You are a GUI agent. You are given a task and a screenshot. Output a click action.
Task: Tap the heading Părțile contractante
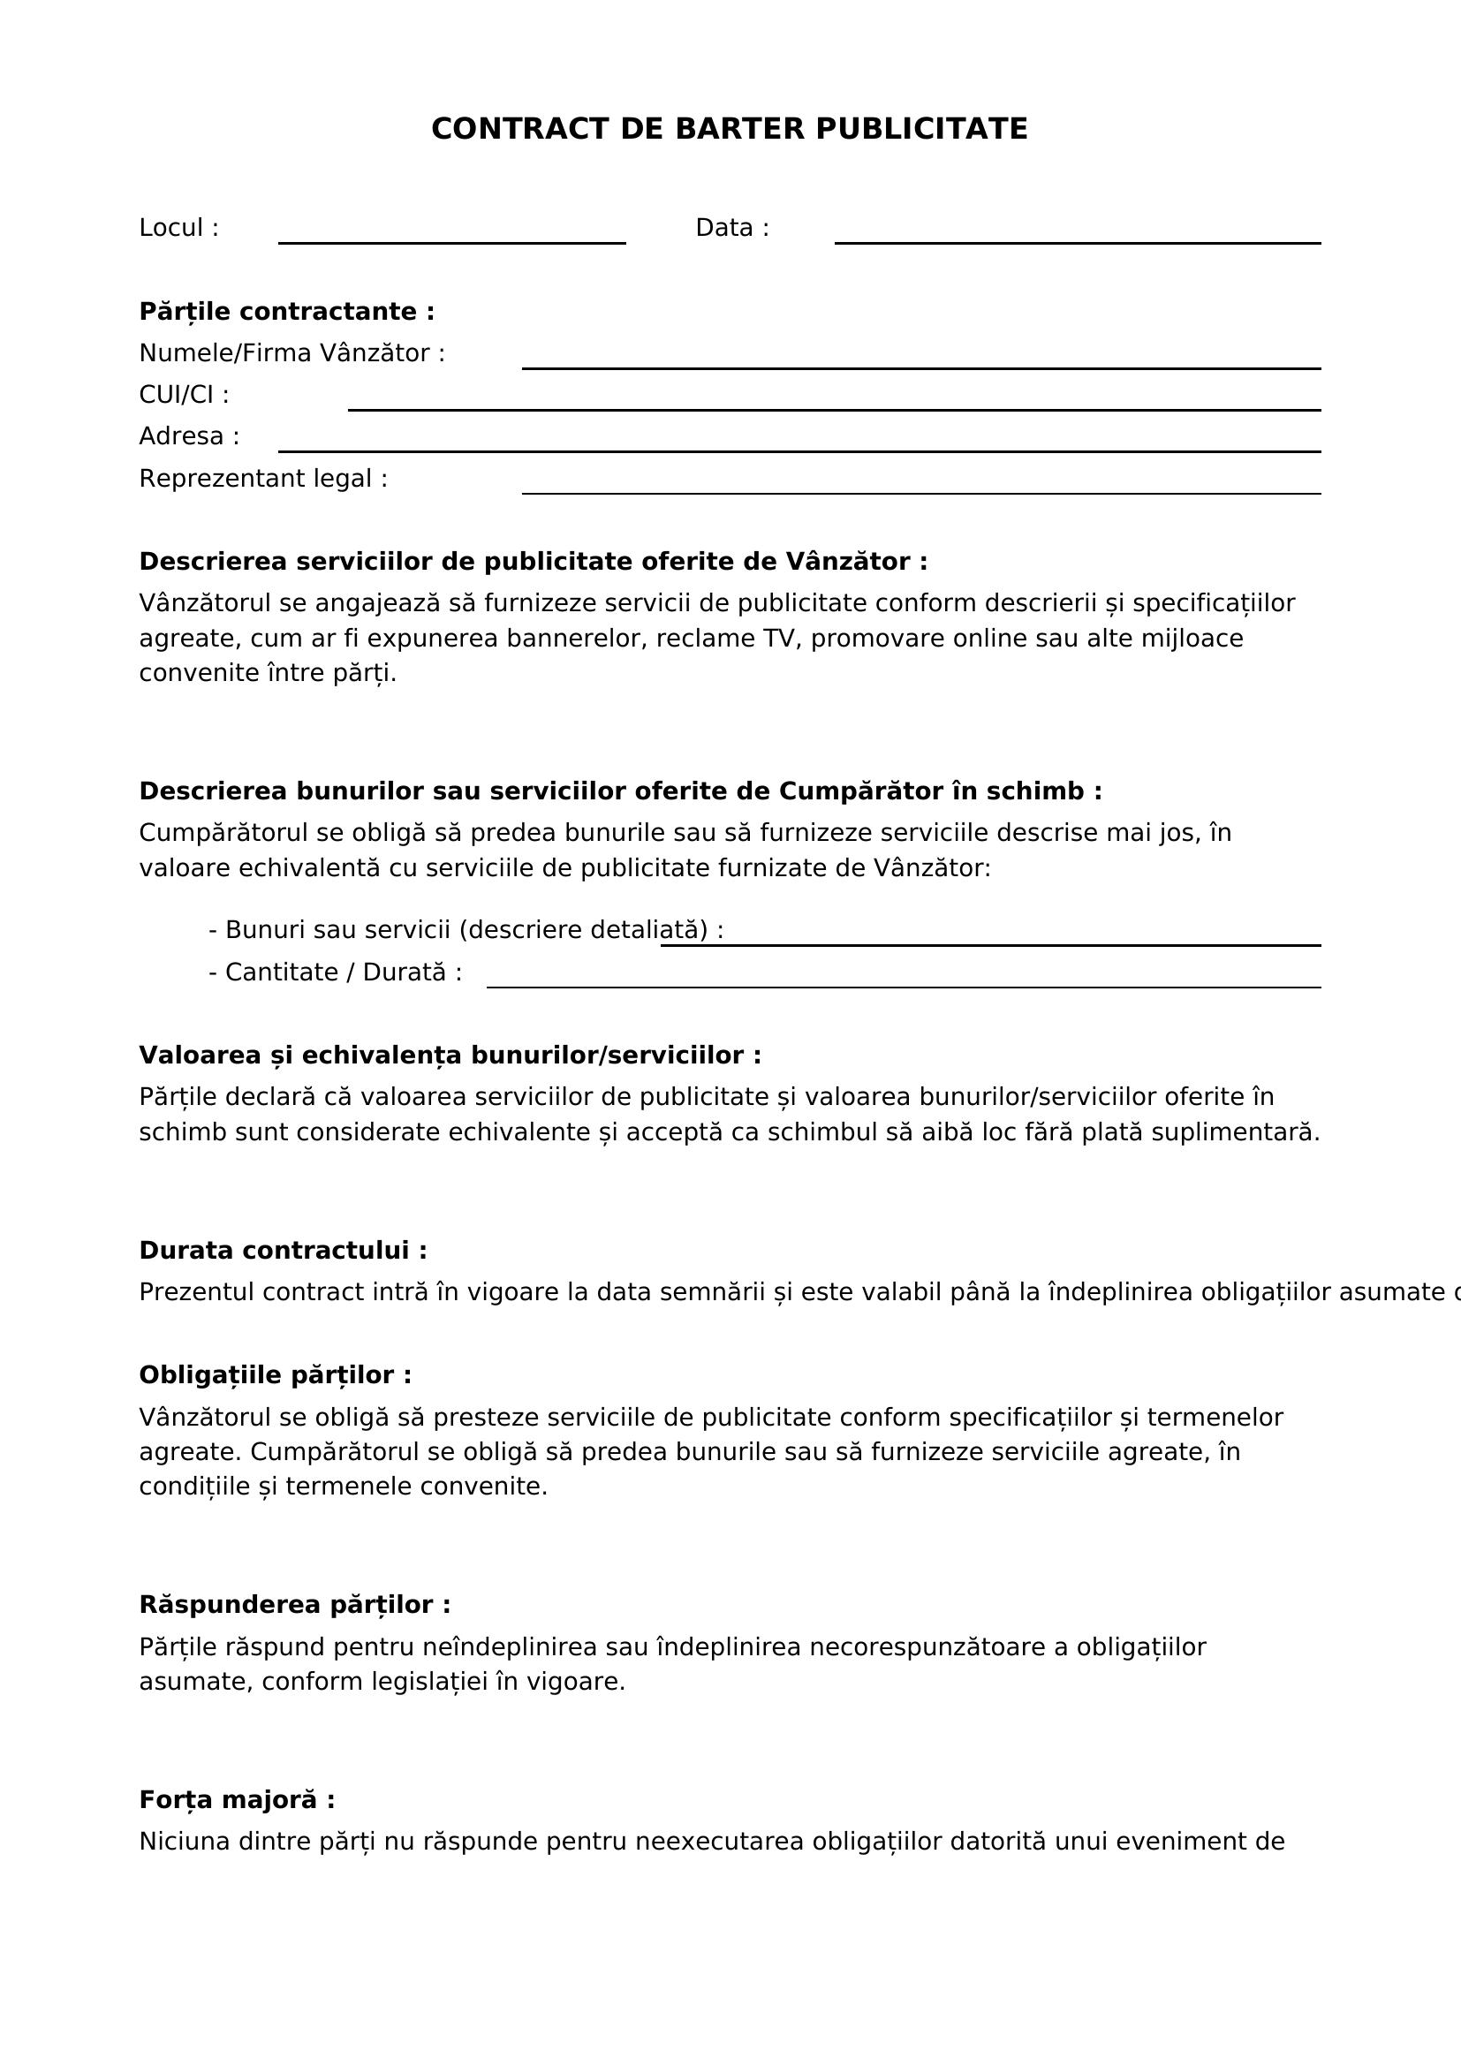tap(287, 311)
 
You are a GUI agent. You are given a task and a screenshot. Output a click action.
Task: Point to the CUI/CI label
tap(184, 395)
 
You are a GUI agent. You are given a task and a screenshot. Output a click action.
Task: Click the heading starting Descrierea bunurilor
tap(620, 791)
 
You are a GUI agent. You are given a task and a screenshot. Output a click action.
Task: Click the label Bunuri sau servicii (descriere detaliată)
tap(466, 929)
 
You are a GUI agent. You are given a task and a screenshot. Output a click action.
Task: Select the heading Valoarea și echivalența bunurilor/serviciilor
tap(450, 1055)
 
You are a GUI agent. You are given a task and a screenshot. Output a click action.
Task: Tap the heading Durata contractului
tap(283, 1250)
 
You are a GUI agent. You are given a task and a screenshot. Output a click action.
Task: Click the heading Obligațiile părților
tap(276, 1375)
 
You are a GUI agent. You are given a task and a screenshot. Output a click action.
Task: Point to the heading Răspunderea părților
tap(294, 1604)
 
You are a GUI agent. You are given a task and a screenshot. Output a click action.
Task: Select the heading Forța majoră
tap(237, 1799)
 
